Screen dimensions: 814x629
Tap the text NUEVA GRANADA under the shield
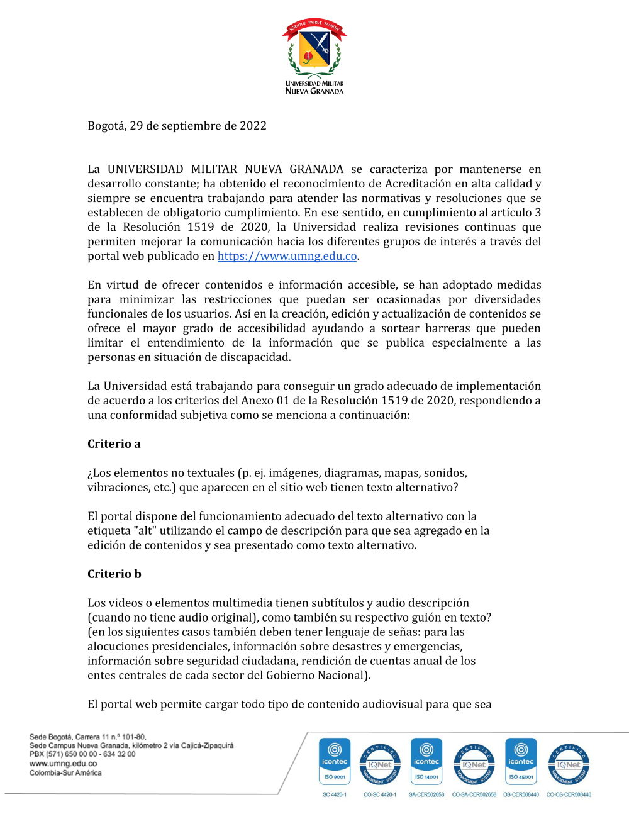314,91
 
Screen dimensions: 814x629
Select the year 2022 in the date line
253,126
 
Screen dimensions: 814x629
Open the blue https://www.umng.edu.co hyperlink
287,256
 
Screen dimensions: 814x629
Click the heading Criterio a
114,444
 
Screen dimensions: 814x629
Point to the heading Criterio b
114,574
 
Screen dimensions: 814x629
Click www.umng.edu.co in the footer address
63,764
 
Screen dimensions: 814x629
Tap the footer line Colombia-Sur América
65,773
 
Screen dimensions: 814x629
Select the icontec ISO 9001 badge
335,761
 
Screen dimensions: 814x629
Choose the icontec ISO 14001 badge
426,761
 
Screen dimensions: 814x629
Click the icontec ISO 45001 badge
521,761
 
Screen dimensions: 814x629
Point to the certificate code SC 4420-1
335,794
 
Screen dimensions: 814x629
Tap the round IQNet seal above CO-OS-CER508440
569,764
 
